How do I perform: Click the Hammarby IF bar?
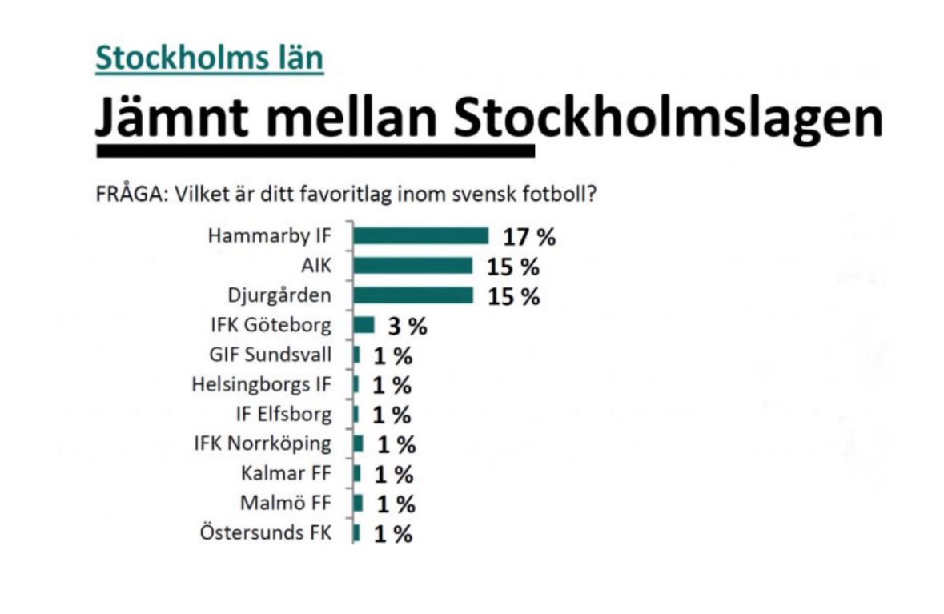click(x=420, y=235)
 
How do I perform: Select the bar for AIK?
click(x=413, y=266)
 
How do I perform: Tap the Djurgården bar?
click(x=413, y=295)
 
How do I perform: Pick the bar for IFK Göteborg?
click(x=364, y=325)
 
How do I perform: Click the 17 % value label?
click(x=529, y=237)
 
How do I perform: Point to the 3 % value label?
click(x=408, y=327)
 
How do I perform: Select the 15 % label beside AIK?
click(x=513, y=267)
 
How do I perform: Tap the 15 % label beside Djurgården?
click(x=513, y=296)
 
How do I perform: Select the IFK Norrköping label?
click(x=262, y=443)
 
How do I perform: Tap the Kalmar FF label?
click(x=286, y=473)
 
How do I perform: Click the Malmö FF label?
click(x=285, y=504)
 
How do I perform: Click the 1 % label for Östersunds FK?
click(x=392, y=534)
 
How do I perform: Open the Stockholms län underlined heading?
click(x=209, y=58)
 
